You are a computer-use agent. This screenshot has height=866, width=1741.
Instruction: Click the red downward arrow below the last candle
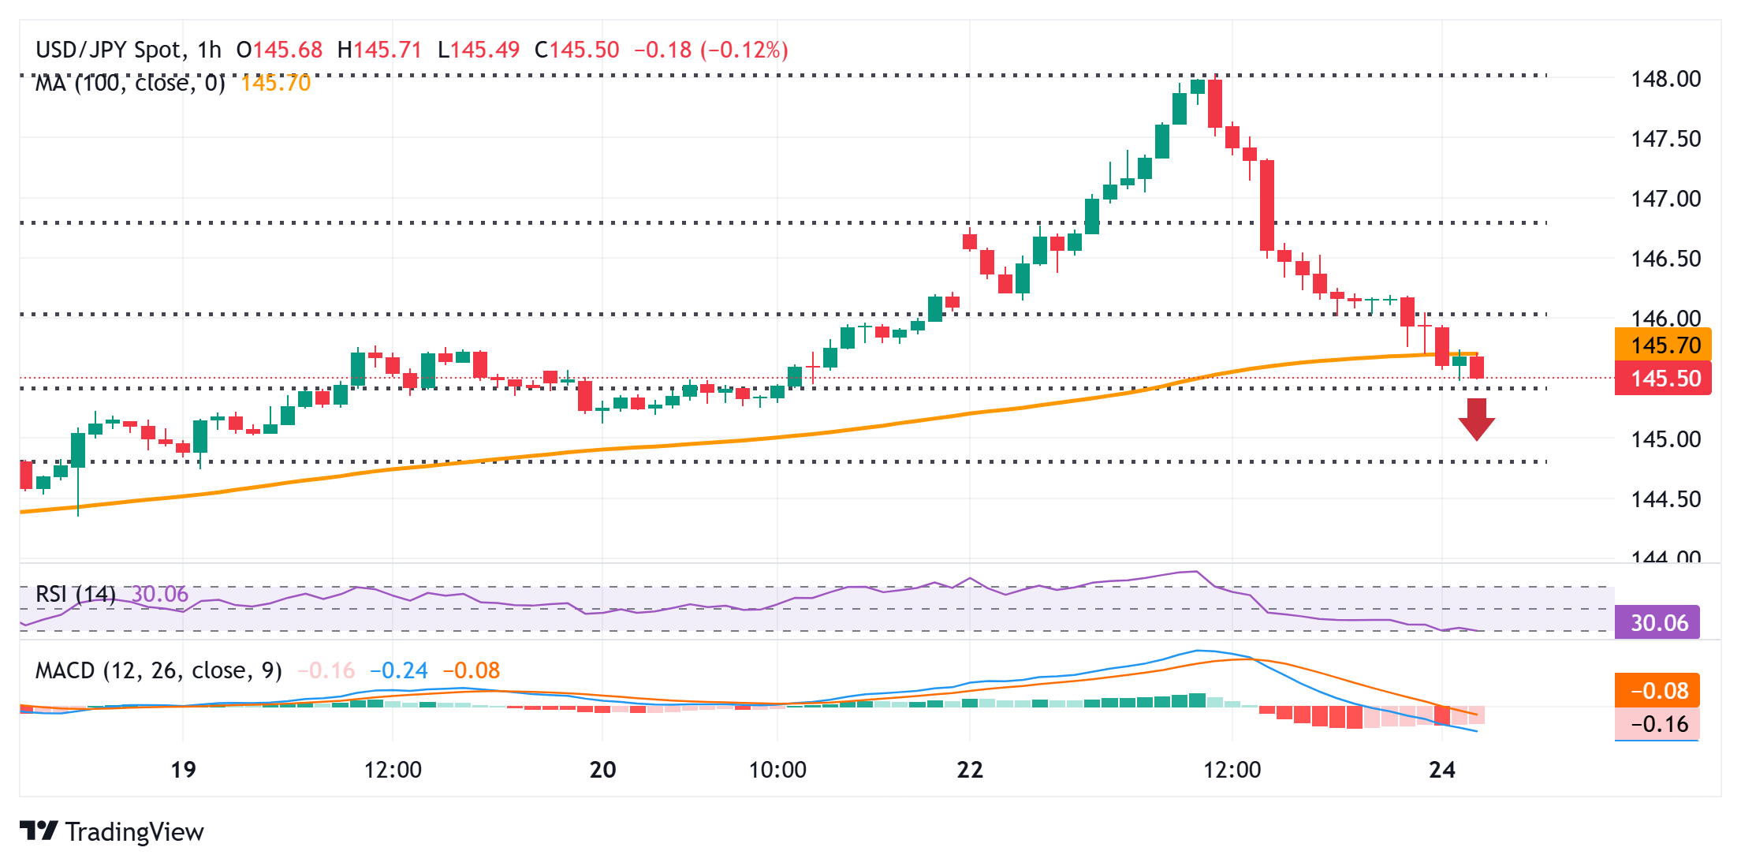1476,419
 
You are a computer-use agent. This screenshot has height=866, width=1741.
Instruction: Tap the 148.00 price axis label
1665,79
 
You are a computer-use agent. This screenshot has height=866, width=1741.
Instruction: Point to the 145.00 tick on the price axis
1665,439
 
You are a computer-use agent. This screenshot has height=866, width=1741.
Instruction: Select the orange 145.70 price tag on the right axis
1662,345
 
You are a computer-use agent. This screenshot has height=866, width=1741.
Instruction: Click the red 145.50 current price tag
1662,379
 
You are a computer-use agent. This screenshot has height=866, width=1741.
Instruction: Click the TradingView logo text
134,831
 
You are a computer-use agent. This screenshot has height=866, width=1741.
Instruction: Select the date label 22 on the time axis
970,770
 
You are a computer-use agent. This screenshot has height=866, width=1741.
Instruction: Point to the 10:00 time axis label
777,770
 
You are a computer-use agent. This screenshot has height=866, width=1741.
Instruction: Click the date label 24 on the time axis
1442,770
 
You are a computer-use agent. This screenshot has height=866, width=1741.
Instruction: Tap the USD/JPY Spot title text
109,50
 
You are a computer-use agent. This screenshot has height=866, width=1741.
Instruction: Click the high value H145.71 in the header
379,50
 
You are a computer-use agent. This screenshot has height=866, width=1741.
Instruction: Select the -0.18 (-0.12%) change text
711,50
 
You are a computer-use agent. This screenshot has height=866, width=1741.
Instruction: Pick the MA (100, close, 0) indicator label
130,83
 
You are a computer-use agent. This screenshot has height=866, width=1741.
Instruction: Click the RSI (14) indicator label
76,594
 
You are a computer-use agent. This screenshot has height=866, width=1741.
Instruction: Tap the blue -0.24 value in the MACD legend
399,670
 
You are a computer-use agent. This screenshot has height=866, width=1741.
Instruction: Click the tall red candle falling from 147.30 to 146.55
1267,205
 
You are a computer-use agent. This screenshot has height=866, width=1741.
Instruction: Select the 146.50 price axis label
1665,259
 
